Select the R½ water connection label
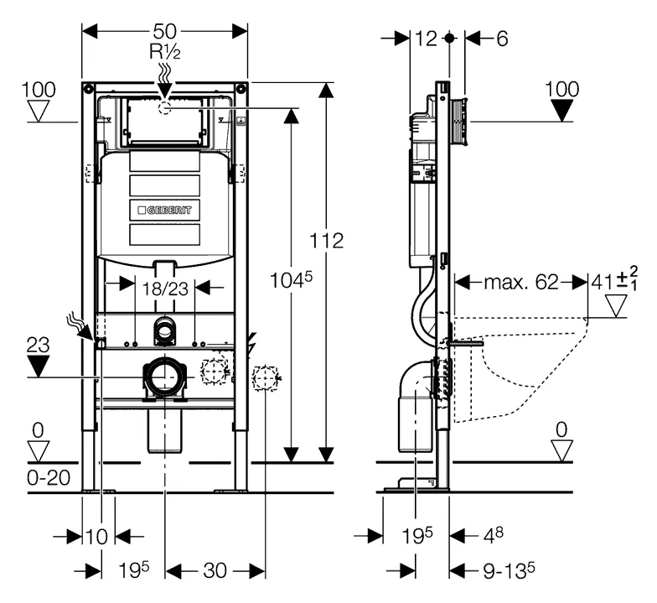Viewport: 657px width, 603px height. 165,51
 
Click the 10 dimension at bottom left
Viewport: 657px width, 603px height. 98,536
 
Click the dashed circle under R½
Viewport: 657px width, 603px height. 164,108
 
